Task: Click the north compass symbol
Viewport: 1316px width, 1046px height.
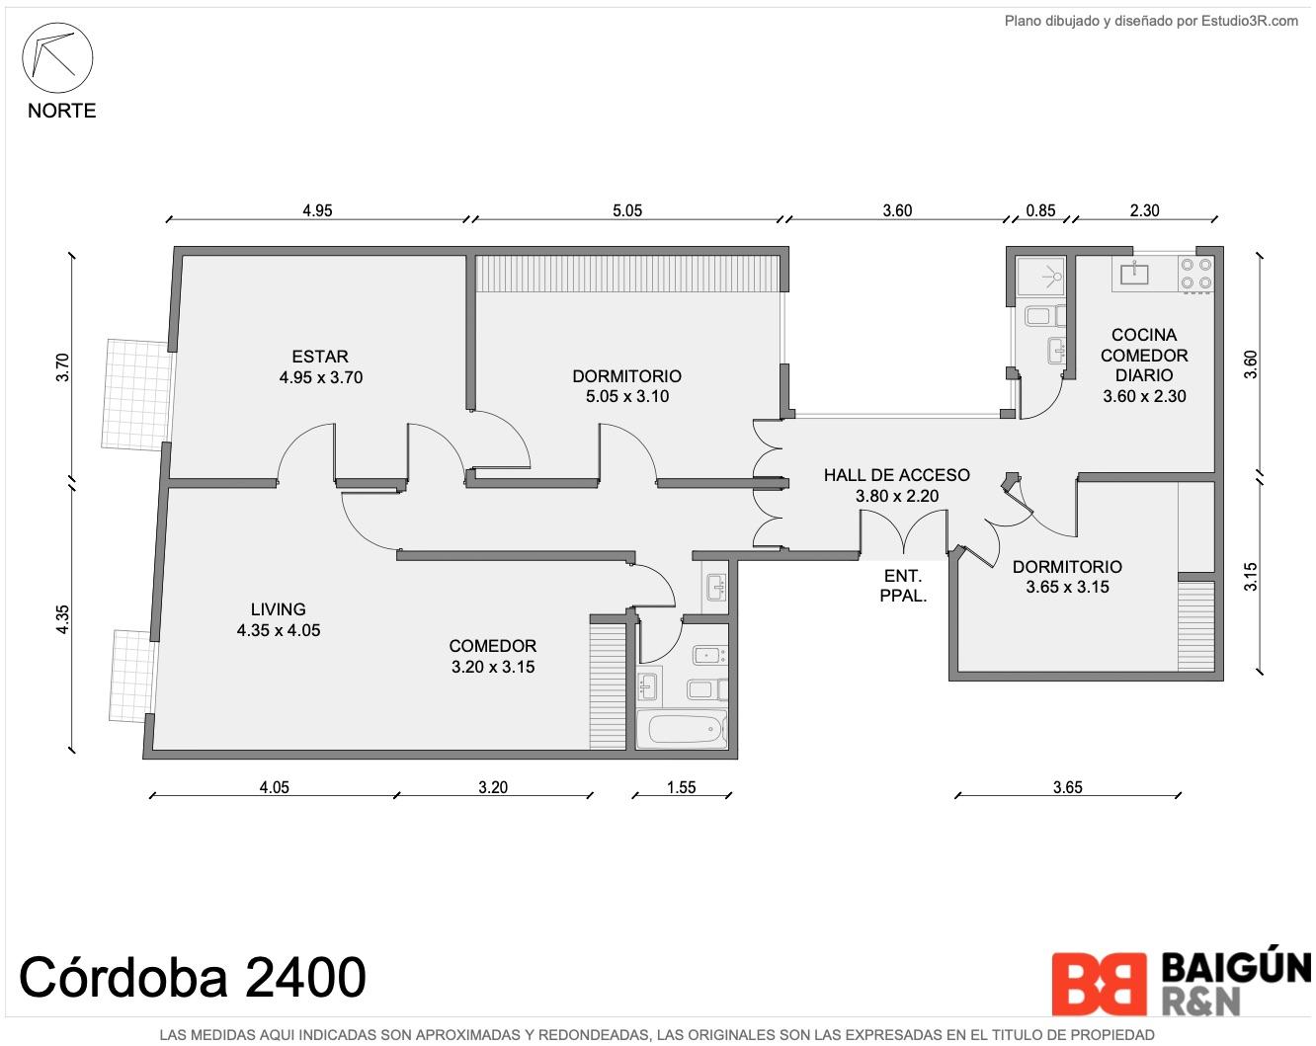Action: (57, 58)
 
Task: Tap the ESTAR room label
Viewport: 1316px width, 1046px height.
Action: (320, 357)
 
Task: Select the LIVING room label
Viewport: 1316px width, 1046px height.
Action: (279, 609)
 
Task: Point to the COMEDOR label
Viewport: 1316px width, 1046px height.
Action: (492, 646)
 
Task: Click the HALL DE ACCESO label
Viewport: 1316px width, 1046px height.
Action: (896, 475)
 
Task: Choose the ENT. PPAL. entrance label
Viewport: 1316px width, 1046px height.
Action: (903, 586)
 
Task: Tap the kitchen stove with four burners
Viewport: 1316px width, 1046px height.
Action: (1196, 274)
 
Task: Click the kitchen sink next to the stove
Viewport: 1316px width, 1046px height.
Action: (1135, 273)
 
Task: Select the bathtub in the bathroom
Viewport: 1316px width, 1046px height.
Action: (682, 729)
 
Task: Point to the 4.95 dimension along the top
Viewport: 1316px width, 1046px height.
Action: (317, 211)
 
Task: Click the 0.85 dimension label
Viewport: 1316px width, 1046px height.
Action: (1040, 211)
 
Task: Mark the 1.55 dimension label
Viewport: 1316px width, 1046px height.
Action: (682, 787)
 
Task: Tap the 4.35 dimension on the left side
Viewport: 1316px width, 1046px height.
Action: (63, 619)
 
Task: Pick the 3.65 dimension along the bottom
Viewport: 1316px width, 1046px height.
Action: (1068, 787)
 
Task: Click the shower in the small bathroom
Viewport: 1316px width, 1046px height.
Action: (1040, 277)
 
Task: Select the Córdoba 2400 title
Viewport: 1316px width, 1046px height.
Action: (193, 977)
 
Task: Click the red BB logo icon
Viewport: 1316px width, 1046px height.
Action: (1099, 984)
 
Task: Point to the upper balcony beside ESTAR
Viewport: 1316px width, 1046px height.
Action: (137, 395)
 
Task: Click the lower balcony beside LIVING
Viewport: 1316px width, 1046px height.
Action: (132, 677)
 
